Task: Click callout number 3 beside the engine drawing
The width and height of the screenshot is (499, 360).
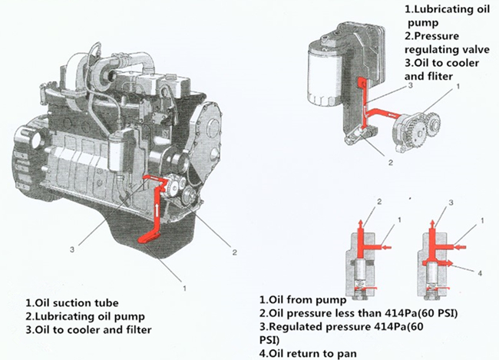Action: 71,249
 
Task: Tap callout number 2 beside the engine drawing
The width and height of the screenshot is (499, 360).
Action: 233,247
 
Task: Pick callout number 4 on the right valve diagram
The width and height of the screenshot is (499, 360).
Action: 479,272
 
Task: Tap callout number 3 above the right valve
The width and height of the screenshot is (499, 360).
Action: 451,203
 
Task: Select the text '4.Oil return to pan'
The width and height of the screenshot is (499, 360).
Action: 306,353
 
